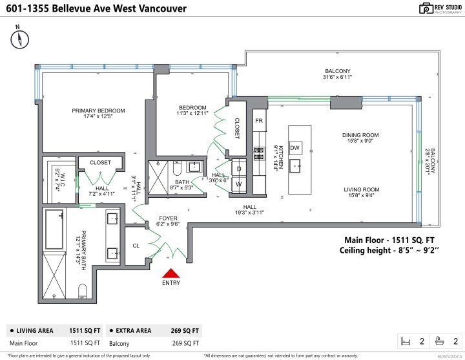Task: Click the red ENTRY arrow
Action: [x=171, y=274]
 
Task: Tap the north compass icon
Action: [x=20, y=39]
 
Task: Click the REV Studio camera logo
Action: [x=408, y=8]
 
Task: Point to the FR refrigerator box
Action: [x=258, y=121]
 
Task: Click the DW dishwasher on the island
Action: [x=294, y=148]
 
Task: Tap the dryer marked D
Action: [x=239, y=169]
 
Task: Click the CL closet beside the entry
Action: [x=136, y=246]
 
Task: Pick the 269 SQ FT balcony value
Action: [x=185, y=343]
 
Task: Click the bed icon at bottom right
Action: [x=407, y=341]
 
